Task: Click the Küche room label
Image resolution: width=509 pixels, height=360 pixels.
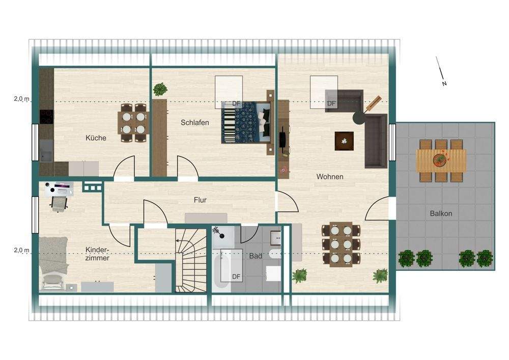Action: click(96, 138)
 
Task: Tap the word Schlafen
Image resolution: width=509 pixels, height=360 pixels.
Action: click(195, 123)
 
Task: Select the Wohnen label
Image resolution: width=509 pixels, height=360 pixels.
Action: click(330, 177)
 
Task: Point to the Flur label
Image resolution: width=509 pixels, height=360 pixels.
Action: click(200, 200)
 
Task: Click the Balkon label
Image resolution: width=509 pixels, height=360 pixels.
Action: click(441, 213)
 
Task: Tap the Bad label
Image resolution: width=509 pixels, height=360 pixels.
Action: click(256, 256)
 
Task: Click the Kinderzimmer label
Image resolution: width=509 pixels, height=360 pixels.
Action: click(97, 254)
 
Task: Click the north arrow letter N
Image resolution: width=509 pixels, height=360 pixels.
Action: click(444, 84)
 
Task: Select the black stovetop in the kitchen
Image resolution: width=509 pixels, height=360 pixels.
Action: click(46, 117)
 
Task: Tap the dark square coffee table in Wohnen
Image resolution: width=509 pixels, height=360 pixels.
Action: click(344, 141)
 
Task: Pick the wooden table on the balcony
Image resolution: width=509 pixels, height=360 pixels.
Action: click(441, 160)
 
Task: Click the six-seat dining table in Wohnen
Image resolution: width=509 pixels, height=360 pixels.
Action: click(341, 244)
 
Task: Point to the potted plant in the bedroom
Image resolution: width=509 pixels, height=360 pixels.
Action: click(160, 89)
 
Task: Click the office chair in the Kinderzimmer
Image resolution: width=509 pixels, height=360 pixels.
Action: click(59, 204)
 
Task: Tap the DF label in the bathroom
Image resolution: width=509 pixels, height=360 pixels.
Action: click(236, 276)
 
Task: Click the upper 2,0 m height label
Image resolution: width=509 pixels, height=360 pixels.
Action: click(21, 98)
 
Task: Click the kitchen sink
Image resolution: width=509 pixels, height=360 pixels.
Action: click(46, 150)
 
